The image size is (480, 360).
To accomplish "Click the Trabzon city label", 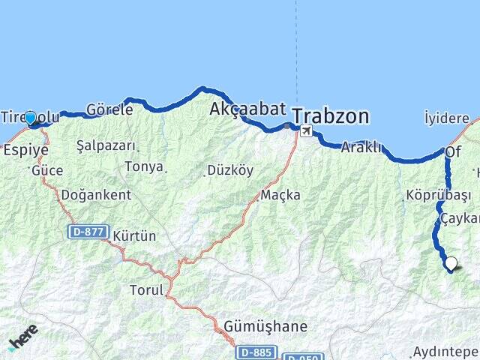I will click(331, 116).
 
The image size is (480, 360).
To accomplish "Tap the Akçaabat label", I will click(247, 109).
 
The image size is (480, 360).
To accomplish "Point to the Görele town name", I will click(109, 109).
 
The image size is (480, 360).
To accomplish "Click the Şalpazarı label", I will click(106, 146).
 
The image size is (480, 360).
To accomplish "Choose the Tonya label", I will click(144, 166).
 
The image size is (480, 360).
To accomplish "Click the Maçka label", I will click(280, 195).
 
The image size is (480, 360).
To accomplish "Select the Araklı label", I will click(361, 148).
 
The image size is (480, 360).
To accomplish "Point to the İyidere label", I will click(447, 118).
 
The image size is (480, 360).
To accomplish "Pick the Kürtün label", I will click(134, 236).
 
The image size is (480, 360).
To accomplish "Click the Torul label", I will click(145, 289).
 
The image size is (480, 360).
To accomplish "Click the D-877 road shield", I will click(88, 232).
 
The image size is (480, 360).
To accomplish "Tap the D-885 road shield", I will click(256, 352).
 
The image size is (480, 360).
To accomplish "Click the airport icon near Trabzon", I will click(306, 131).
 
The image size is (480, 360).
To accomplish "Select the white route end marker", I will click(451, 263).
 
